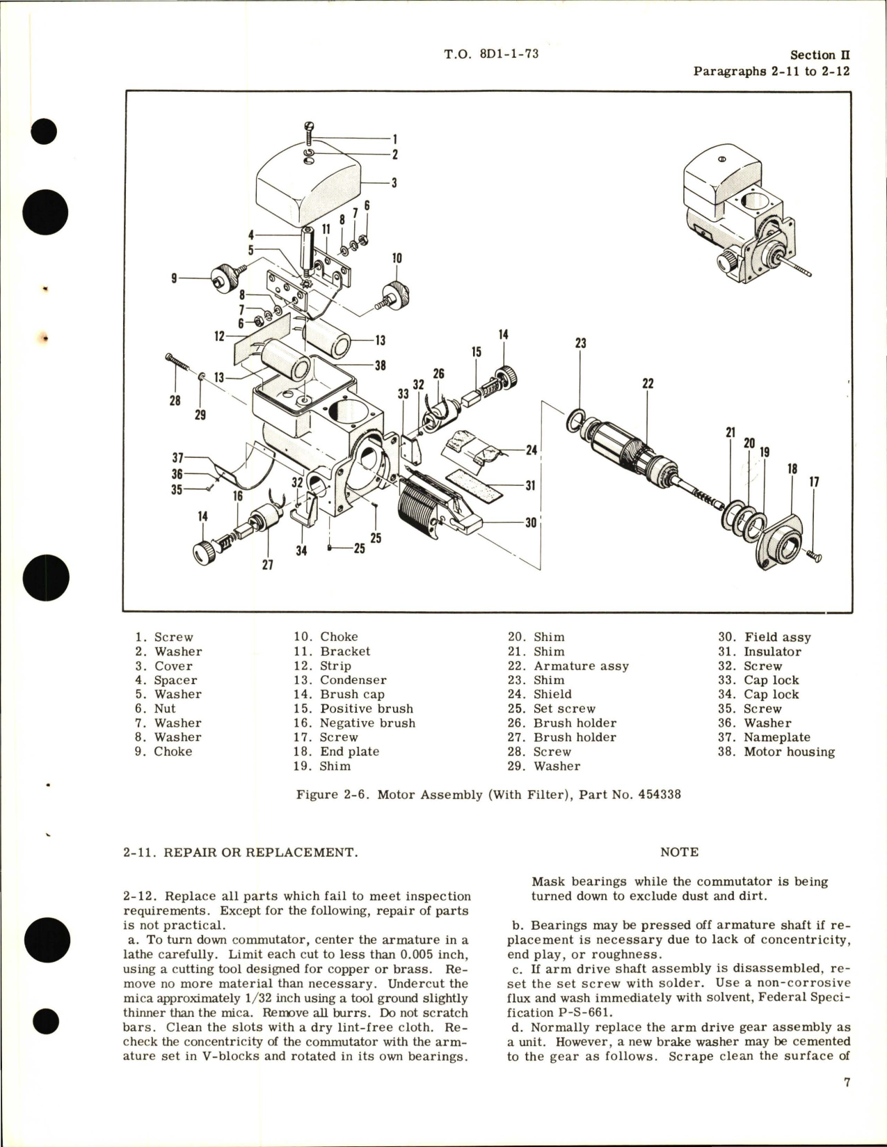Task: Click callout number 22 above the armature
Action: point(648,383)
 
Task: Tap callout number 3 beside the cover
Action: point(394,184)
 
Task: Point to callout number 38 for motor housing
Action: point(380,365)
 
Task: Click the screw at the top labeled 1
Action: point(309,132)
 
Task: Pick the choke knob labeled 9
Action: point(221,278)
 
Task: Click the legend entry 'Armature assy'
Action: point(581,666)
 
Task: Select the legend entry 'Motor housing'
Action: point(789,752)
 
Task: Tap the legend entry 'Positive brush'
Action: point(366,709)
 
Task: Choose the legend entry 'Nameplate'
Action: point(776,737)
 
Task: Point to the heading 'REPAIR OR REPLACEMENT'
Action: point(259,852)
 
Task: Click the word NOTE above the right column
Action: point(679,851)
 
